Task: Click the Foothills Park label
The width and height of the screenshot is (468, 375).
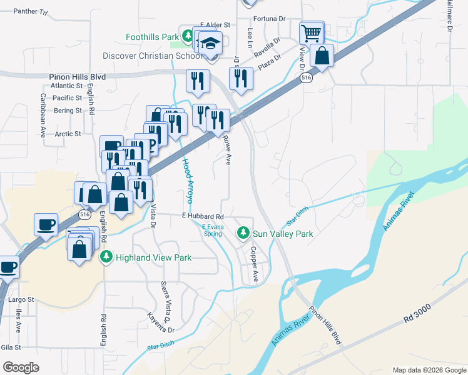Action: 152,37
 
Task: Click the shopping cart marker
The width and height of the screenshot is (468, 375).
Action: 311,32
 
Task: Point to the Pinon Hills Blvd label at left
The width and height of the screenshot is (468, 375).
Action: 77,77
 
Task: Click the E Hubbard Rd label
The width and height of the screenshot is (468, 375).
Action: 202,216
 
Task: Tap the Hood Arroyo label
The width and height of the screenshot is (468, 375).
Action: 187,181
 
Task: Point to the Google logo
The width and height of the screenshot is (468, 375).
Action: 21,367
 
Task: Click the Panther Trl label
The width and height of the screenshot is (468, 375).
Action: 30,12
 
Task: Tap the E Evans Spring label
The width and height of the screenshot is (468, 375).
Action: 213,230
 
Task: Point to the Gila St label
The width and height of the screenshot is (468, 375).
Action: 11,347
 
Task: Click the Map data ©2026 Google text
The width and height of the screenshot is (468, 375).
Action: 429,370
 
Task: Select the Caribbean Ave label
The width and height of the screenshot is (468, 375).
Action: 43,116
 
